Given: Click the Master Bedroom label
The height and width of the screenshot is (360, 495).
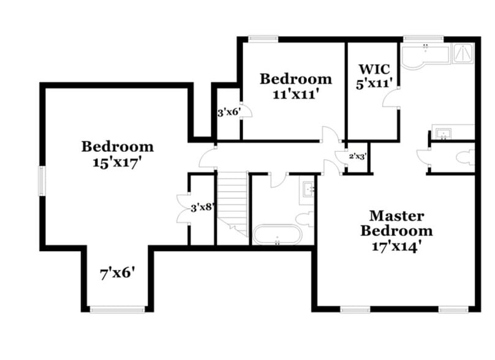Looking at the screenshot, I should click(x=396, y=223).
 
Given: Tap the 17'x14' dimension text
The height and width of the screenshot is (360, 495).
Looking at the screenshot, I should click(x=396, y=247).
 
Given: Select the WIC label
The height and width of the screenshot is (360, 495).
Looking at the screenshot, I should click(x=374, y=68).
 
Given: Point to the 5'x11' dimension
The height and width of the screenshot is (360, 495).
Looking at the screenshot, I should click(x=374, y=83).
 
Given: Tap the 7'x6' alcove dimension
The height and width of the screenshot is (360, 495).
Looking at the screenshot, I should click(x=117, y=274).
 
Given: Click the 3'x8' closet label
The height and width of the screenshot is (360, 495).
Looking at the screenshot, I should click(x=202, y=208).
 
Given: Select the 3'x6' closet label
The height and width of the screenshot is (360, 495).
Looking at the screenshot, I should click(x=228, y=113).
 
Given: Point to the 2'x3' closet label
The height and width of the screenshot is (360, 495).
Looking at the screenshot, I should click(x=357, y=156).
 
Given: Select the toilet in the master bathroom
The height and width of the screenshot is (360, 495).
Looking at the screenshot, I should click(x=466, y=158).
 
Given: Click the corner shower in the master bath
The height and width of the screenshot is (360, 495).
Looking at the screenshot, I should click(x=463, y=53).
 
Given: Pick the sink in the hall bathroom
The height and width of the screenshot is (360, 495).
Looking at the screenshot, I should click(x=307, y=188).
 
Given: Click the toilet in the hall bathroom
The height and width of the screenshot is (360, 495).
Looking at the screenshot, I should click(x=304, y=218).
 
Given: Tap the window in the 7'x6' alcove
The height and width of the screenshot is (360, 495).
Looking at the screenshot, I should click(x=117, y=309).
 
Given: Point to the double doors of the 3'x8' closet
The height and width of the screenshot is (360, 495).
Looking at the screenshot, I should click(x=183, y=209).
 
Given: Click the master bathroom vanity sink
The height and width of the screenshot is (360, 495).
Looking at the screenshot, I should click(x=442, y=132).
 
